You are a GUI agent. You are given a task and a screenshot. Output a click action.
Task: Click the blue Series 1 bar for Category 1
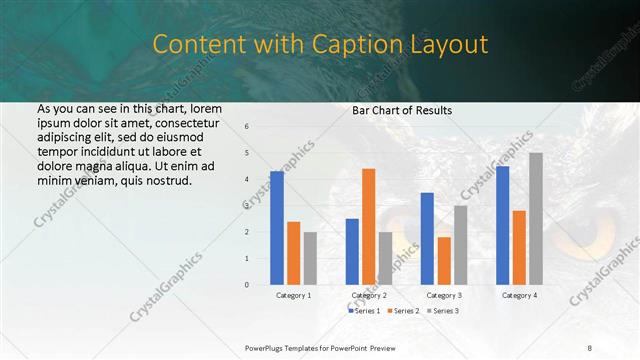point(277,228)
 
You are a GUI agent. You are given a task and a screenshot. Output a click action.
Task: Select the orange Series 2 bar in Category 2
point(369,226)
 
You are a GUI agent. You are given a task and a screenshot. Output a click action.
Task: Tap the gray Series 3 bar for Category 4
point(536,218)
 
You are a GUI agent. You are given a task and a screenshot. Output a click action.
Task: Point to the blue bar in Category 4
point(502,225)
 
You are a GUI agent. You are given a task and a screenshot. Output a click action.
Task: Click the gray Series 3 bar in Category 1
point(310,258)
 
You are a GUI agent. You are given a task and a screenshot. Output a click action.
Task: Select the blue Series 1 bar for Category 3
point(427,238)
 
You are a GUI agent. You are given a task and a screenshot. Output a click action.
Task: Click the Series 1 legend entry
point(367,311)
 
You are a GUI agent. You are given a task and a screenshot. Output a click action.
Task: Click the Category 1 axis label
point(294,296)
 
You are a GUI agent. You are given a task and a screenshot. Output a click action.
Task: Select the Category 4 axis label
point(519,296)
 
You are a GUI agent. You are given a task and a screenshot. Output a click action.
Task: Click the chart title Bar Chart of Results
point(402,110)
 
